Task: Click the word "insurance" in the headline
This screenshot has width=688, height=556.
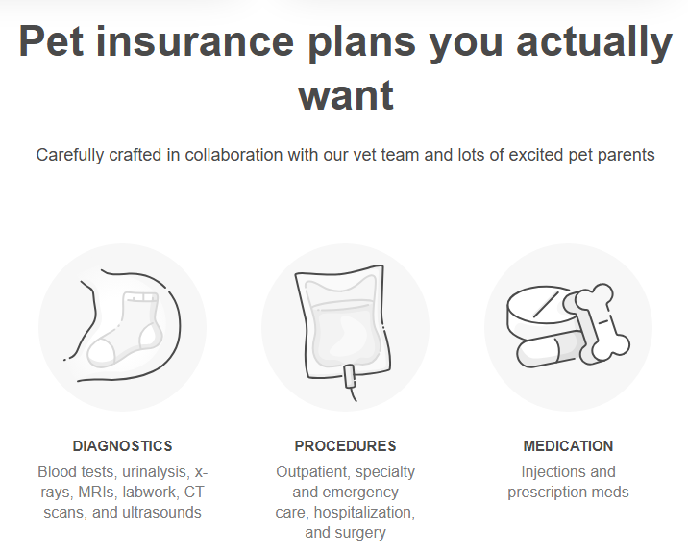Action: pyautogui.click(x=194, y=41)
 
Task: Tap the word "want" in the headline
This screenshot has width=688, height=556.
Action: pyautogui.click(x=346, y=95)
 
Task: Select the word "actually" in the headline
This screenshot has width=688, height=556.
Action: pyautogui.click(x=594, y=44)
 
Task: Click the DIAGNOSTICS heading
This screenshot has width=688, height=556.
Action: pyautogui.click(x=122, y=446)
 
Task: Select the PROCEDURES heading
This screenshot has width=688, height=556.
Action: pyautogui.click(x=345, y=446)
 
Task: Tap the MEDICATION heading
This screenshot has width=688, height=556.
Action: pyautogui.click(x=568, y=446)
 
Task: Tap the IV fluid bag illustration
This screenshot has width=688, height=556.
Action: pyautogui.click(x=343, y=322)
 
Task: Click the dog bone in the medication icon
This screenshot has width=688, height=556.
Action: pyautogui.click(x=598, y=324)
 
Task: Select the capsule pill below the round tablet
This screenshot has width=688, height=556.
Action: pyautogui.click(x=550, y=350)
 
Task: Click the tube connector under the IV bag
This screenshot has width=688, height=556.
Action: pyautogui.click(x=350, y=377)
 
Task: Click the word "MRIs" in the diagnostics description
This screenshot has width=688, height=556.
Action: pyautogui.click(x=97, y=492)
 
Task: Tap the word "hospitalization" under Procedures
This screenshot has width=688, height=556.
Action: pyautogui.click(x=364, y=513)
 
